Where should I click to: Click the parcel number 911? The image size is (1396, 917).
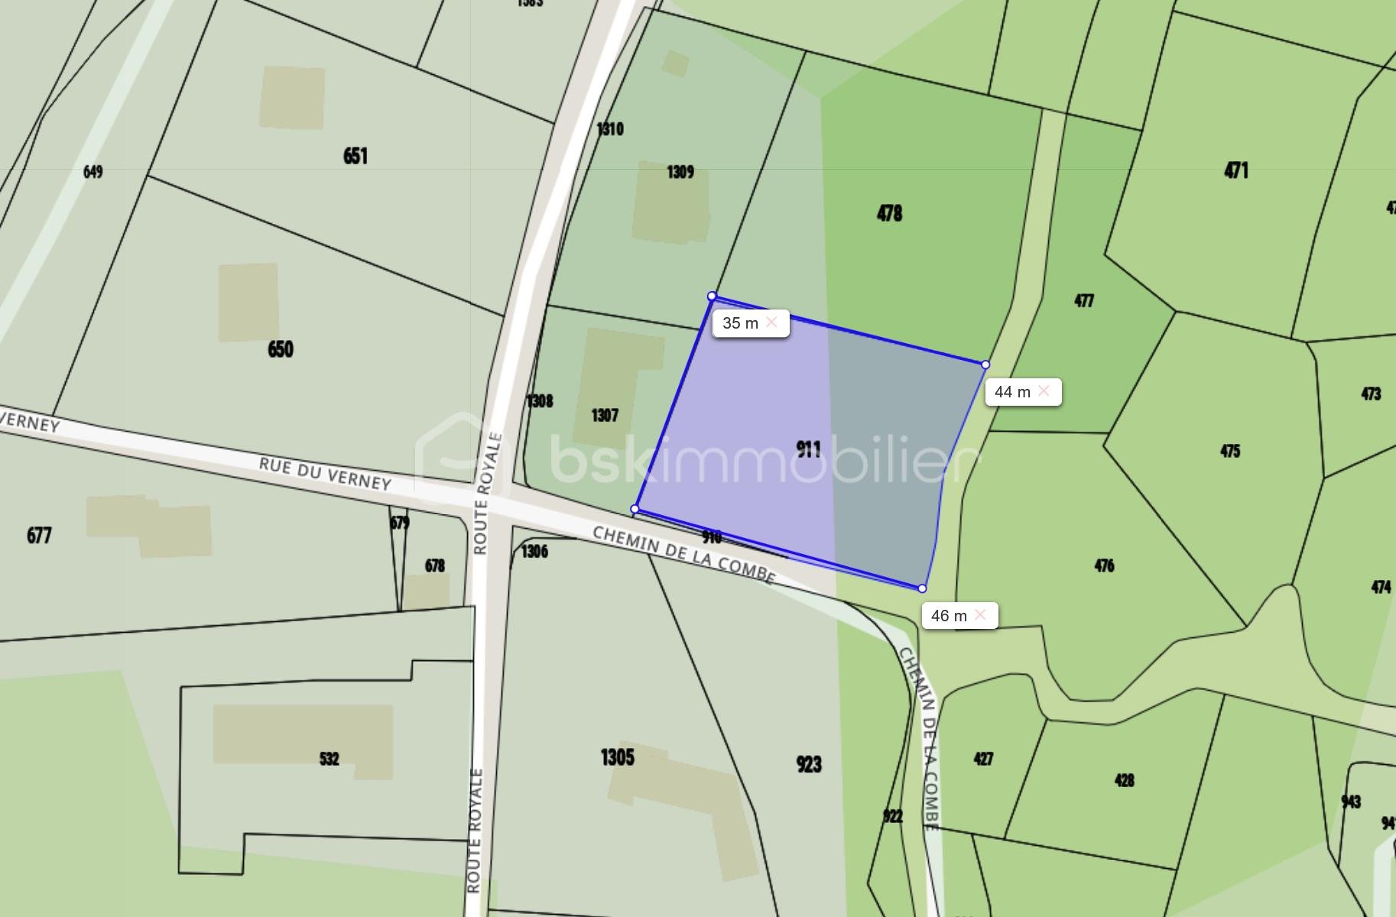coord(808,449)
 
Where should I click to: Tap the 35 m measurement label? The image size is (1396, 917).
coord(740,323)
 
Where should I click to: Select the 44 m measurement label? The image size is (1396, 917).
coord(1012,392)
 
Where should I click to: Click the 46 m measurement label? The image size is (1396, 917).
coord(949,616)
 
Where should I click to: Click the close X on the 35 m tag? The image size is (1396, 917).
coord(771,322)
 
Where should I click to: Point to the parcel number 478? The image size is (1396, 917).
coord(889,212)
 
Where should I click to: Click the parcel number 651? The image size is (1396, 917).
coord(355,156)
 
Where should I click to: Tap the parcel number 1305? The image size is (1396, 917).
coord(617,757)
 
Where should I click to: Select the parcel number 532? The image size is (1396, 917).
coord(329,759)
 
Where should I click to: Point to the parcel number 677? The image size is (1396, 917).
coord(39,535)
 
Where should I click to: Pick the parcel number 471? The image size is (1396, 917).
coord(1236,170)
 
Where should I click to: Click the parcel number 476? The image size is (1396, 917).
coord(1104,565)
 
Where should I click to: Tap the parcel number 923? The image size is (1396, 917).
coord(808,764)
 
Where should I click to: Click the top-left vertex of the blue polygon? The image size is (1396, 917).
coord(712,296)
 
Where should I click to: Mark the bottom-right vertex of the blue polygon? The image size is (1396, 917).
coord(922,588)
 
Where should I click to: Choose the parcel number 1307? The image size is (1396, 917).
coord(605,415)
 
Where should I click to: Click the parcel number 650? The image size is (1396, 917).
coord(281,349)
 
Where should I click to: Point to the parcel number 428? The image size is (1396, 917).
coord(1124,780)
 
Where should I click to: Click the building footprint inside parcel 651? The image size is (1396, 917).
coord(292,98)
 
